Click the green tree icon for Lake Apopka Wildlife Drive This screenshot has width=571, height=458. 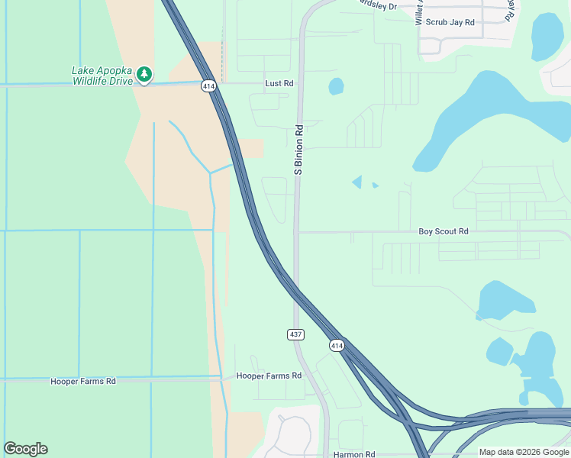coord(144,75)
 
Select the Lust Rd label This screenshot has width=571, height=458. coord(279,82)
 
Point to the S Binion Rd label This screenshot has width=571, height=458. coord(298,150)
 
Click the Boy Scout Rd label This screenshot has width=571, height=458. coord(443,231)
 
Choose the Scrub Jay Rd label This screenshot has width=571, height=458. coord(450,22)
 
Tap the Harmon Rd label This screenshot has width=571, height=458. coord(354,454)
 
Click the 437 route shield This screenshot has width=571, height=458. coord(296,334)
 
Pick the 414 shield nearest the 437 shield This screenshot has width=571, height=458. coord(337,346)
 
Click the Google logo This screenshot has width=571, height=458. coord(25,449)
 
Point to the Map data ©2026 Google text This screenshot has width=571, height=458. coord(524,452)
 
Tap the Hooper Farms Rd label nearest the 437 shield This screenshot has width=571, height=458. coord(269,376)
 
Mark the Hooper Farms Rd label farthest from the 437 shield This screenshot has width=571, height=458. coord(83,381)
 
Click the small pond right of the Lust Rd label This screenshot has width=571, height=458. coord(336,86)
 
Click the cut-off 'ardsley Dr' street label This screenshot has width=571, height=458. coord(379,6)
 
